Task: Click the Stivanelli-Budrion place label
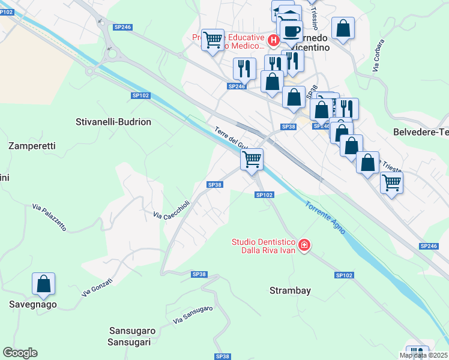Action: click(113, 122)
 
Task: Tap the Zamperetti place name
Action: click(32, 146)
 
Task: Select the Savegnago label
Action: click(32, 304)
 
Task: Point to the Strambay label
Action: click(290, 290)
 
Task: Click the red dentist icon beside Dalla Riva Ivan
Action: click(304, 245)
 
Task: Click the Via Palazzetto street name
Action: click(49, 219)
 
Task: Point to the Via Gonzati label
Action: click(95, 289)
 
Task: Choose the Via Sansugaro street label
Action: click(193, 316)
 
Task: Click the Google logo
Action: click(20, 353)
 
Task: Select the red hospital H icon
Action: click(273, 41)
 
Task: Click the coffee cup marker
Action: click(291, 31)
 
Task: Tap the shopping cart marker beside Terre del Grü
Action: click(252, 159)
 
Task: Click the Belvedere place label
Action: click(420, 132)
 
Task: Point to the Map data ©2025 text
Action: click(424, 355)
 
